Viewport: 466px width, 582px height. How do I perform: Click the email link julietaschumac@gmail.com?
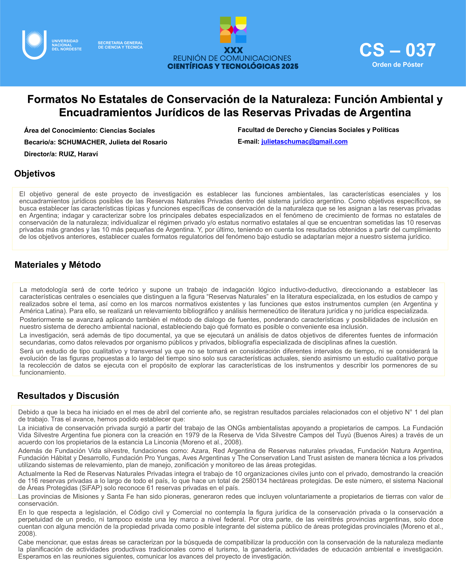[304, 142]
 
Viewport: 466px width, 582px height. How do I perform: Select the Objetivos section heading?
[35, 174]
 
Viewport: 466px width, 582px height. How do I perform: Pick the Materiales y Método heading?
[57, 265]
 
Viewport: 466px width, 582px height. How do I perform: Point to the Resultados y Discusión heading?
[68, 396]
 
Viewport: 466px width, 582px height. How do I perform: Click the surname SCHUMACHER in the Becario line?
[82, 142]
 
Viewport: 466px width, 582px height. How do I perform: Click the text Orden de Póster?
[397, 65]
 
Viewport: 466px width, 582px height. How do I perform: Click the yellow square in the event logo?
[241, 21]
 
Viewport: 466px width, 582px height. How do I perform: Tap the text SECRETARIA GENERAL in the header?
[120, 43]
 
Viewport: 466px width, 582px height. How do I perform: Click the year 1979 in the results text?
[192, 435]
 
